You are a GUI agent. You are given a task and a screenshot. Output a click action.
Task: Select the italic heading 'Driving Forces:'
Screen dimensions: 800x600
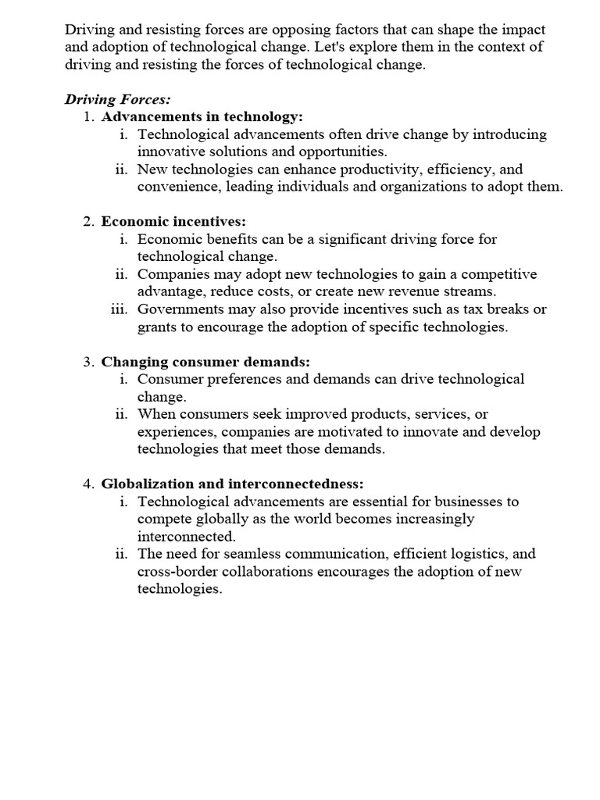[116, 100]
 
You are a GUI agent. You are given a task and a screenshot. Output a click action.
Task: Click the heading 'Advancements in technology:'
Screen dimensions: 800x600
[202, 117]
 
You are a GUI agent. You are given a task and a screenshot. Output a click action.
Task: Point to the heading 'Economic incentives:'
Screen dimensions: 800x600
[173, 222]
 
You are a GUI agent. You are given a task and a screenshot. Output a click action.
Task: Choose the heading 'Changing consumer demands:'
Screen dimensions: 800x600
[205, 362]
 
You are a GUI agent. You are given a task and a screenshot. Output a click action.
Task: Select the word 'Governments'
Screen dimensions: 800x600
[178, 309]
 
